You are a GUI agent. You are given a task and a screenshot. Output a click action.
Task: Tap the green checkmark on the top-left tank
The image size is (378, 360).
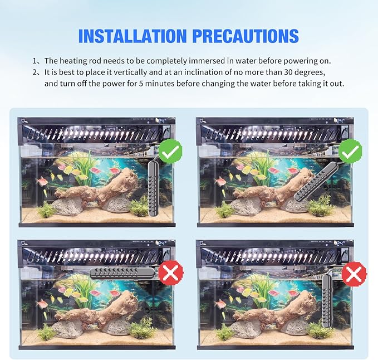[170, 151]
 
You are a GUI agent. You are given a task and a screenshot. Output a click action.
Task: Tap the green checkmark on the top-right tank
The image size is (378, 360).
[350, 151]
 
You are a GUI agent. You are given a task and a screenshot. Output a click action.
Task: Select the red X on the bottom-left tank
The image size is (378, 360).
[170, 273]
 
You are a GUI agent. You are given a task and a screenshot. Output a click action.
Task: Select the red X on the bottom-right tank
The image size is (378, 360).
[354, 274]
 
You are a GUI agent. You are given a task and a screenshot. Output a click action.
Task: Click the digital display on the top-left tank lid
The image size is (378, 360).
[161, 121]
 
